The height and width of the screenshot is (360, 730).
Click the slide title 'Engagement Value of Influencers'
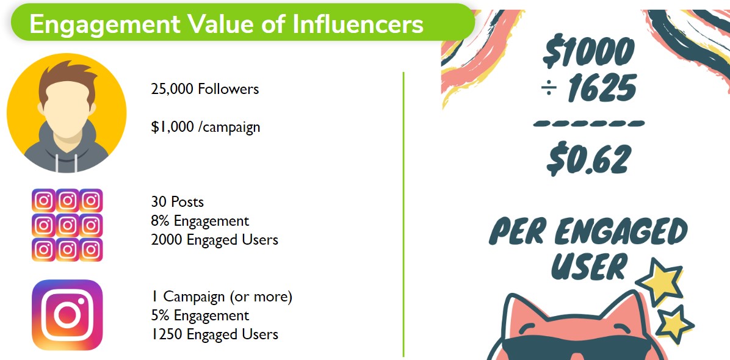click(x=226, y=24)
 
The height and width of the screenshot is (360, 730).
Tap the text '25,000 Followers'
click(x=204, y=89)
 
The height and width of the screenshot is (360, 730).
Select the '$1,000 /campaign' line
click(x=205, y=128)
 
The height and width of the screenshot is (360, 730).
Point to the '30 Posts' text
click(x=177, y=202)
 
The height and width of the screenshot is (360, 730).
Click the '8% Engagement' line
click(x=200, y=221)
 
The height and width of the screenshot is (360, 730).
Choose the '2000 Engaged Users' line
click(x=214, y=240)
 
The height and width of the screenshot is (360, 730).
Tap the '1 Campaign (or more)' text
click(x=222, y=297)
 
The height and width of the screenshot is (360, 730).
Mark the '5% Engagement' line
click(x=200, y=316)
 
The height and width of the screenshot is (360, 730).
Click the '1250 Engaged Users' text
click(x=214, y=334)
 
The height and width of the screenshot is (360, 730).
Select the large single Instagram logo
click(x=67, y=315)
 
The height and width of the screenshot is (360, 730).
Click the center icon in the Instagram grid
click(x=67, y=225)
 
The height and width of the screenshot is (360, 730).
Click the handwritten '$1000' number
click(x=588, y=52)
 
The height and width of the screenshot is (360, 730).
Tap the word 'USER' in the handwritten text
click(x=588, y=266)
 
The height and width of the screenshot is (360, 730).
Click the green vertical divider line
click(x=403, y=214)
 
